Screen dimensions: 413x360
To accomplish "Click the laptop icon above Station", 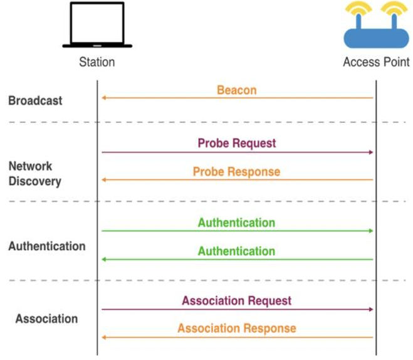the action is [97, 25].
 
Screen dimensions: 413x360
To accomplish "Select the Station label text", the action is [97, 62].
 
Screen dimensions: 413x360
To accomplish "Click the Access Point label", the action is [376, 62].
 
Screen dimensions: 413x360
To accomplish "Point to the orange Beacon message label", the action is [236, 90].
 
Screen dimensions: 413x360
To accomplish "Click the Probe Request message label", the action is [237, 144].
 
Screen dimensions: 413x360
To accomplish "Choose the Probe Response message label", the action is [236, 172].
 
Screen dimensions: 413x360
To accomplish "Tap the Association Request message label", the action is [236, 300].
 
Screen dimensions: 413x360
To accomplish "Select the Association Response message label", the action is [237, 329].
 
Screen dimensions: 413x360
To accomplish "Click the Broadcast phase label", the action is [35, 101].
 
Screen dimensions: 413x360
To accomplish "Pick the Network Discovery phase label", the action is [34, 174].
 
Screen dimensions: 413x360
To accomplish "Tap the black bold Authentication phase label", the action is [47, 246].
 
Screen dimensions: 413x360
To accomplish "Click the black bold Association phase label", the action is [46, 319].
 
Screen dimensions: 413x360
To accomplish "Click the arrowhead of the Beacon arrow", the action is [104, 98].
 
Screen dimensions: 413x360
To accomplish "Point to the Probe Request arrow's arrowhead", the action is [371, 152].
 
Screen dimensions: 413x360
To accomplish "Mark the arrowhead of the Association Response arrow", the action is [104, 337].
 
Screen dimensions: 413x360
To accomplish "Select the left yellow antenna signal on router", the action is [358, 8].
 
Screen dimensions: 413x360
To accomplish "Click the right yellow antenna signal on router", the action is [394, 8].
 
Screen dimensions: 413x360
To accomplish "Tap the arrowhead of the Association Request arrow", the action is [371, 309].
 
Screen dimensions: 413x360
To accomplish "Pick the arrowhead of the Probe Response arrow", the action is [104, 180].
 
